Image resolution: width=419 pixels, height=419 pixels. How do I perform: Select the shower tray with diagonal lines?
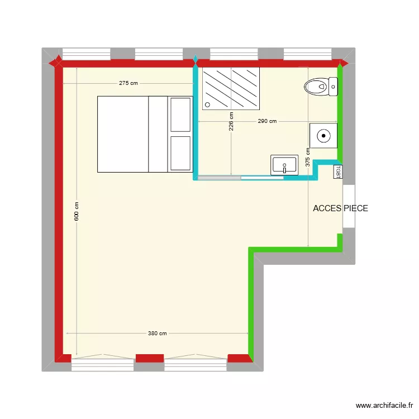[x=231, y=88]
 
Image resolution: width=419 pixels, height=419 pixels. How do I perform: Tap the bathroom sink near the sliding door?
[x=284, y=165]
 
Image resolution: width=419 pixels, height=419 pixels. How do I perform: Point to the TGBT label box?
[x=338, y=172]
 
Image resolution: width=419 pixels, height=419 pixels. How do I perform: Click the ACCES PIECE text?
[x=340, y=208]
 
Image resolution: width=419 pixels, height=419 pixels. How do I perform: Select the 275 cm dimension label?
[x=128, y=83]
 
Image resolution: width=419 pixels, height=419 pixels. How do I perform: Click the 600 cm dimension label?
[x=77, y=211]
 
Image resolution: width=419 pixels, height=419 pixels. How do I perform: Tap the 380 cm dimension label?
[x=157, y=334]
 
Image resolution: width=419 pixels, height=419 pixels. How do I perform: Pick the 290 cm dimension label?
[x=267, y=121]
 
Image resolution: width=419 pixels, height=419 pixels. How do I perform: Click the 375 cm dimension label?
[x=308, y=158]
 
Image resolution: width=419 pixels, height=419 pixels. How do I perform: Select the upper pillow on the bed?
[x=180, y=115]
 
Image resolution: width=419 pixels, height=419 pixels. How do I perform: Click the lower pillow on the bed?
[x=180, y=153]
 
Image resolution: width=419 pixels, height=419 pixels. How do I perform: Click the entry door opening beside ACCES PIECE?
[x=348, y=206]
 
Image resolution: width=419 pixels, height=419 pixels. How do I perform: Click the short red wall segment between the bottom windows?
[x=149, y=357]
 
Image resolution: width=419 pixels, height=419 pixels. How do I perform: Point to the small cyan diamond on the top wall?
[x=195, y=59]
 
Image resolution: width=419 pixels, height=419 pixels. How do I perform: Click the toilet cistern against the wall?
[x=334, y=85]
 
